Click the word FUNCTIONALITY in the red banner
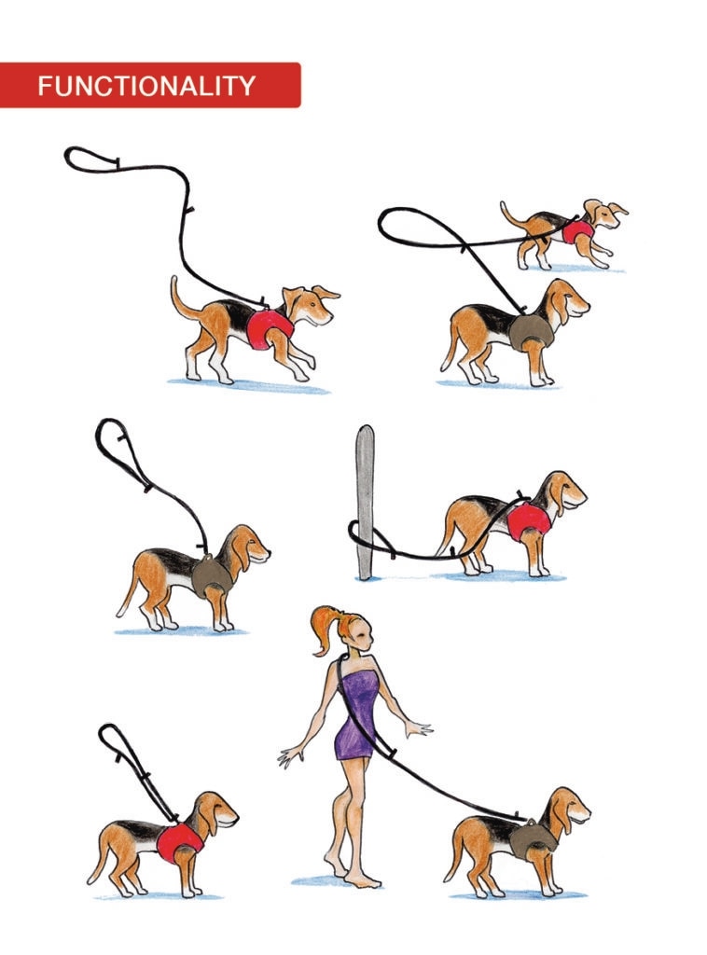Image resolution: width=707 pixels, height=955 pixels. click(x=146, y=86)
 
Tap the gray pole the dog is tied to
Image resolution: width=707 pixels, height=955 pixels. click(x=364, y=502)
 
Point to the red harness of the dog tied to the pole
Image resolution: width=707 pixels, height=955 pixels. click(x=528, y=521)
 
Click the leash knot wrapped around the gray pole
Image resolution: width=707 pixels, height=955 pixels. click(x=369, y=538)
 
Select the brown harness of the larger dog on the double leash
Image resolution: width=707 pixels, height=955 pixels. click(x=531, y=333)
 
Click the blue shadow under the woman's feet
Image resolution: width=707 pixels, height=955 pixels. click(x=336, y=881)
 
